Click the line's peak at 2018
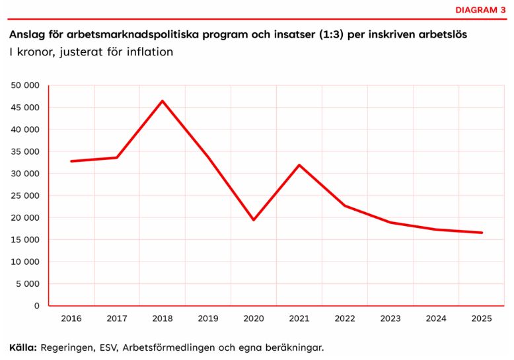pos(163,101)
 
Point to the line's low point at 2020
pos(254,220)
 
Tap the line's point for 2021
pos(299,165)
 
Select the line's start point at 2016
pos(71,161)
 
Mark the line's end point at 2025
pos(482,233)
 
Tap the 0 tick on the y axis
pos(37,306)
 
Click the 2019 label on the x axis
pos(208,318)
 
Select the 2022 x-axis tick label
pos(345,318)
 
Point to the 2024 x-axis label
pos(436,318)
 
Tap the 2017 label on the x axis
pos(117,318)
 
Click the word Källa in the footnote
pos(23,347)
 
